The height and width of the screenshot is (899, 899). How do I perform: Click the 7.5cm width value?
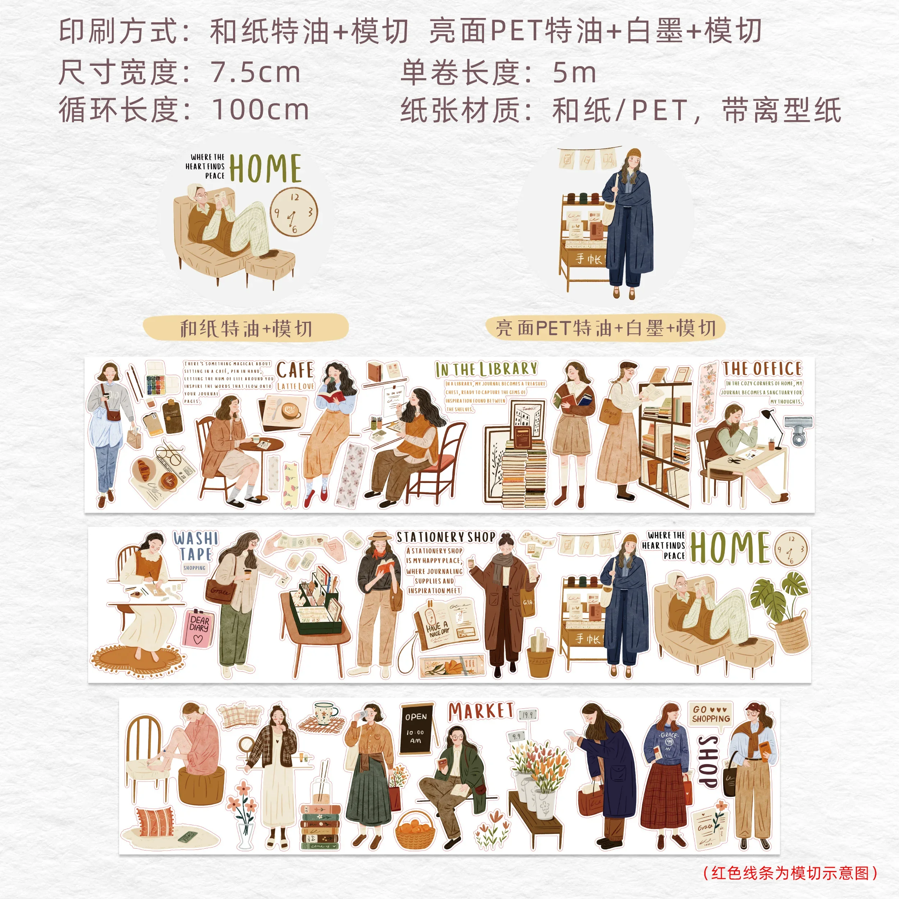click(x=255, y=73)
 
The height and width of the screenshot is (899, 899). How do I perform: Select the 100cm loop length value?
click(x=261, y=110)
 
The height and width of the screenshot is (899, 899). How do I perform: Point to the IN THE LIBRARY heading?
click(x=486, y=369)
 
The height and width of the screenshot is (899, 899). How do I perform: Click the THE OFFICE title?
click(x=762, y=369)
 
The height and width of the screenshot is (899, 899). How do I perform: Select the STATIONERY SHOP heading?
click(x=446, y=537)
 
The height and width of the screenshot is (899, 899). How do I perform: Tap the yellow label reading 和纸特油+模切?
click(x=245, y=328)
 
